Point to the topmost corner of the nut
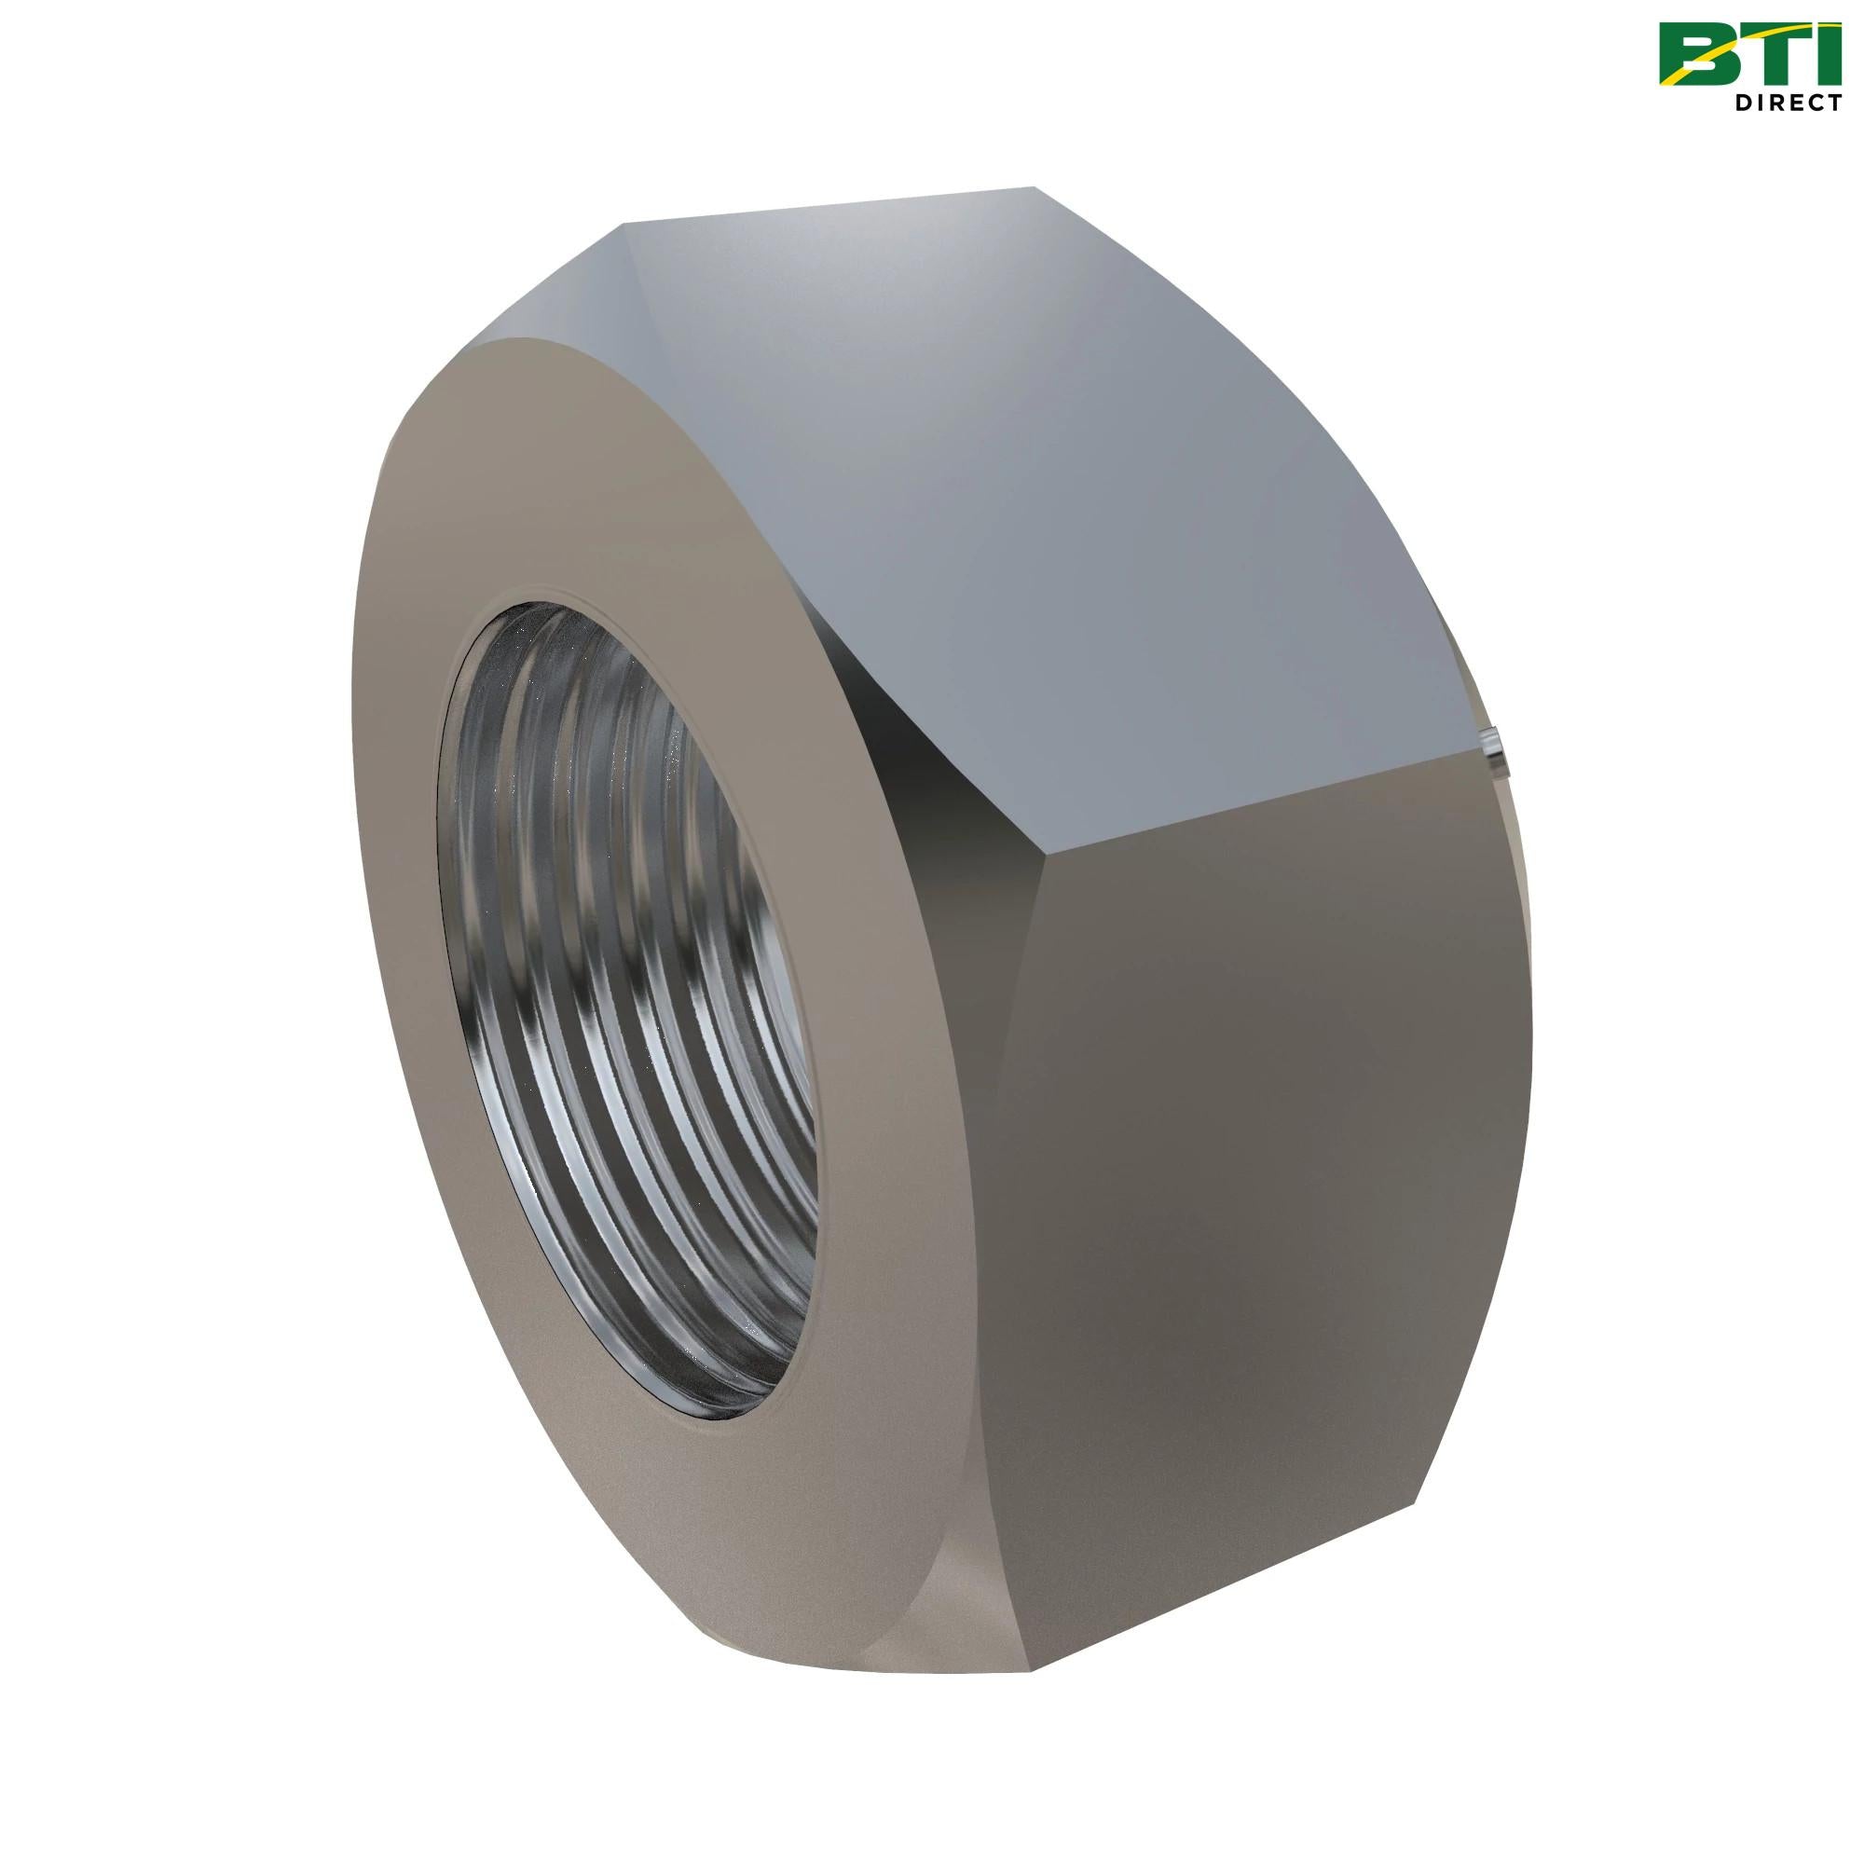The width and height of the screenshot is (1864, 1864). pos(1034,187)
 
